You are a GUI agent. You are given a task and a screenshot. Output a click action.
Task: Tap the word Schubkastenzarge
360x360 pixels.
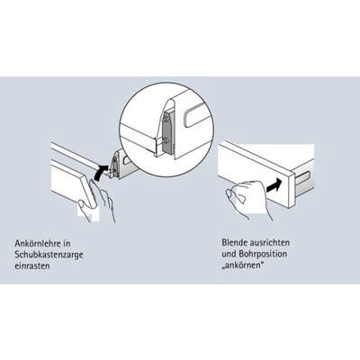[49, 255]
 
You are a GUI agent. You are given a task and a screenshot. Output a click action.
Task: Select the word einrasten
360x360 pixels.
[32, 266]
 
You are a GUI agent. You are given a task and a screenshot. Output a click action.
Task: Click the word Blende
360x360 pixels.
[234, 242]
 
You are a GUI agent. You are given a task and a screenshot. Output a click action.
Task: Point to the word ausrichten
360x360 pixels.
[269, 242]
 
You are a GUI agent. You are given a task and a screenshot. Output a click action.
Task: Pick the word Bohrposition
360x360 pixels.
[262, 254]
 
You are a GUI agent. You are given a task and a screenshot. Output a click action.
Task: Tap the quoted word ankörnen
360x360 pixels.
[243, 265]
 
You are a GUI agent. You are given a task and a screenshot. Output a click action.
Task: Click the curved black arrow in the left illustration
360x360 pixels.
[100, 173]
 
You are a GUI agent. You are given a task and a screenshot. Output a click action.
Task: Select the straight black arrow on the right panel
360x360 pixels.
[274, 184]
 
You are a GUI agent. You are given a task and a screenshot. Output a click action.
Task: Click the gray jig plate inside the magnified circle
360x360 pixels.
[167, 131]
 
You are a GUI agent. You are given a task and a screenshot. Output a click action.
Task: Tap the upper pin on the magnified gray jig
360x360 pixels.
[166, 119]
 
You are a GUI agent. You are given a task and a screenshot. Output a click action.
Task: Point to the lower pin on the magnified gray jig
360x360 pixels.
[166, 139]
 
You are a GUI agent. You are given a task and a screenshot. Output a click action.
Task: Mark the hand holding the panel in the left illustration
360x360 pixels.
[99, 201]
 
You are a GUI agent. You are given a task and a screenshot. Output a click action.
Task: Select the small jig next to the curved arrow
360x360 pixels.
[115, 165]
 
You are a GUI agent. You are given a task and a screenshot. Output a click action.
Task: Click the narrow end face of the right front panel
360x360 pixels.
[292, 189]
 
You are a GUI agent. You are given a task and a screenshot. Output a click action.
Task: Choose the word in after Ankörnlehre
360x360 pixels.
[67, 243]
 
